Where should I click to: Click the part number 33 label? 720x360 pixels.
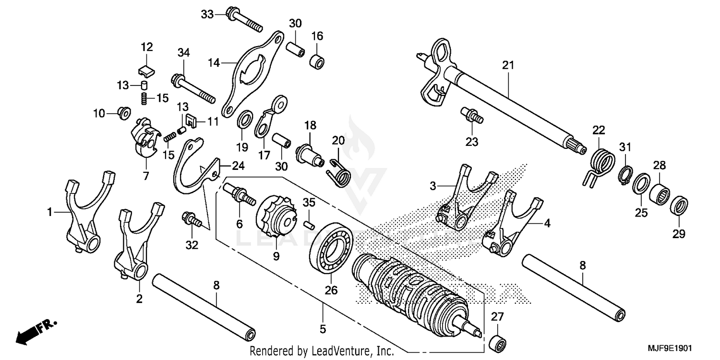pyautogui.click(x=207, y=14)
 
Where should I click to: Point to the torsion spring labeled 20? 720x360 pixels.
pyautogui.click(x=339, y=171)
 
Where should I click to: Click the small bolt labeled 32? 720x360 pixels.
pyautogui.click(x=192, y=220)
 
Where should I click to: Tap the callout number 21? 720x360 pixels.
pyautogui.click(x=508, y=65)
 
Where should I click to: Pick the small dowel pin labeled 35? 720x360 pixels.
pyautogui.click(x=309, y=221)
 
